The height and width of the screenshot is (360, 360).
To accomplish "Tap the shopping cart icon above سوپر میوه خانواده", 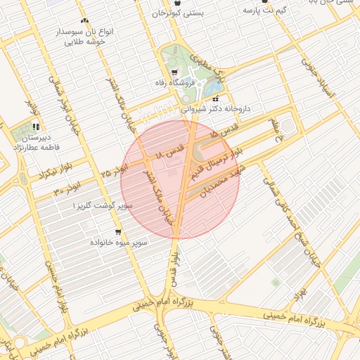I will click(x=117, y=231).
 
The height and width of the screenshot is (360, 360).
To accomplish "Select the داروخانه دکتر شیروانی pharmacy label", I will click(x=215, y=109).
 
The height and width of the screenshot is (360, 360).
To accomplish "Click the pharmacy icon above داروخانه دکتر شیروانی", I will click(x=214, y=98).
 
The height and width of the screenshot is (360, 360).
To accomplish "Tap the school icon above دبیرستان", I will click(x=35, y=127).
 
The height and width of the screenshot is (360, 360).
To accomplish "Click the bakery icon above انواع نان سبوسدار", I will click(x=85, y=22).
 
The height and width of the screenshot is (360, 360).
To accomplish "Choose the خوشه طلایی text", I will click(x=85, y=42).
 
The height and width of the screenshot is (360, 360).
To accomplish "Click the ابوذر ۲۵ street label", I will click(x=115, y=169).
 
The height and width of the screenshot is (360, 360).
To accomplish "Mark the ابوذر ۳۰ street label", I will click(x=67, y=188).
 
